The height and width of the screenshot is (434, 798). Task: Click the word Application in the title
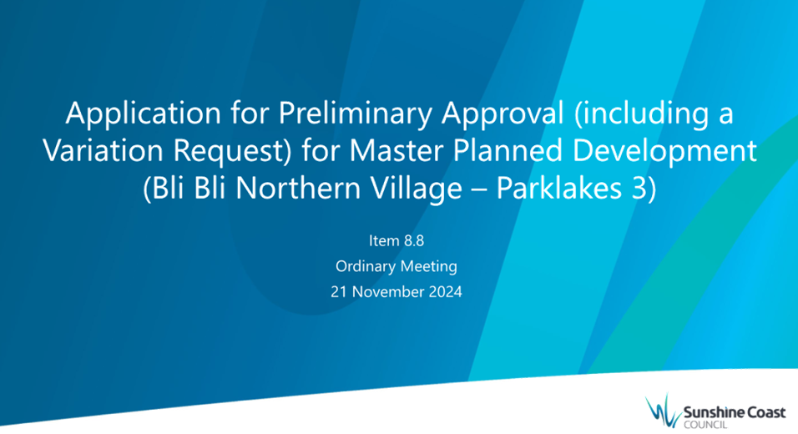143,114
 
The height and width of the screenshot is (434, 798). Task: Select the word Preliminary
355,114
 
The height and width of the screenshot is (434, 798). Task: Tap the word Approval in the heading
503,114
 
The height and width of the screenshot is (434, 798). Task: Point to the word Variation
104,150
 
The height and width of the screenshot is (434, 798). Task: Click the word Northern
298,189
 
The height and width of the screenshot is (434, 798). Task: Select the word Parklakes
558,189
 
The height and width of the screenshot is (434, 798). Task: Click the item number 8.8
413,240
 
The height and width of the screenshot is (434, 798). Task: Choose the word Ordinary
366,266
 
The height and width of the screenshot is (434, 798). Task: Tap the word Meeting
429,266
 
